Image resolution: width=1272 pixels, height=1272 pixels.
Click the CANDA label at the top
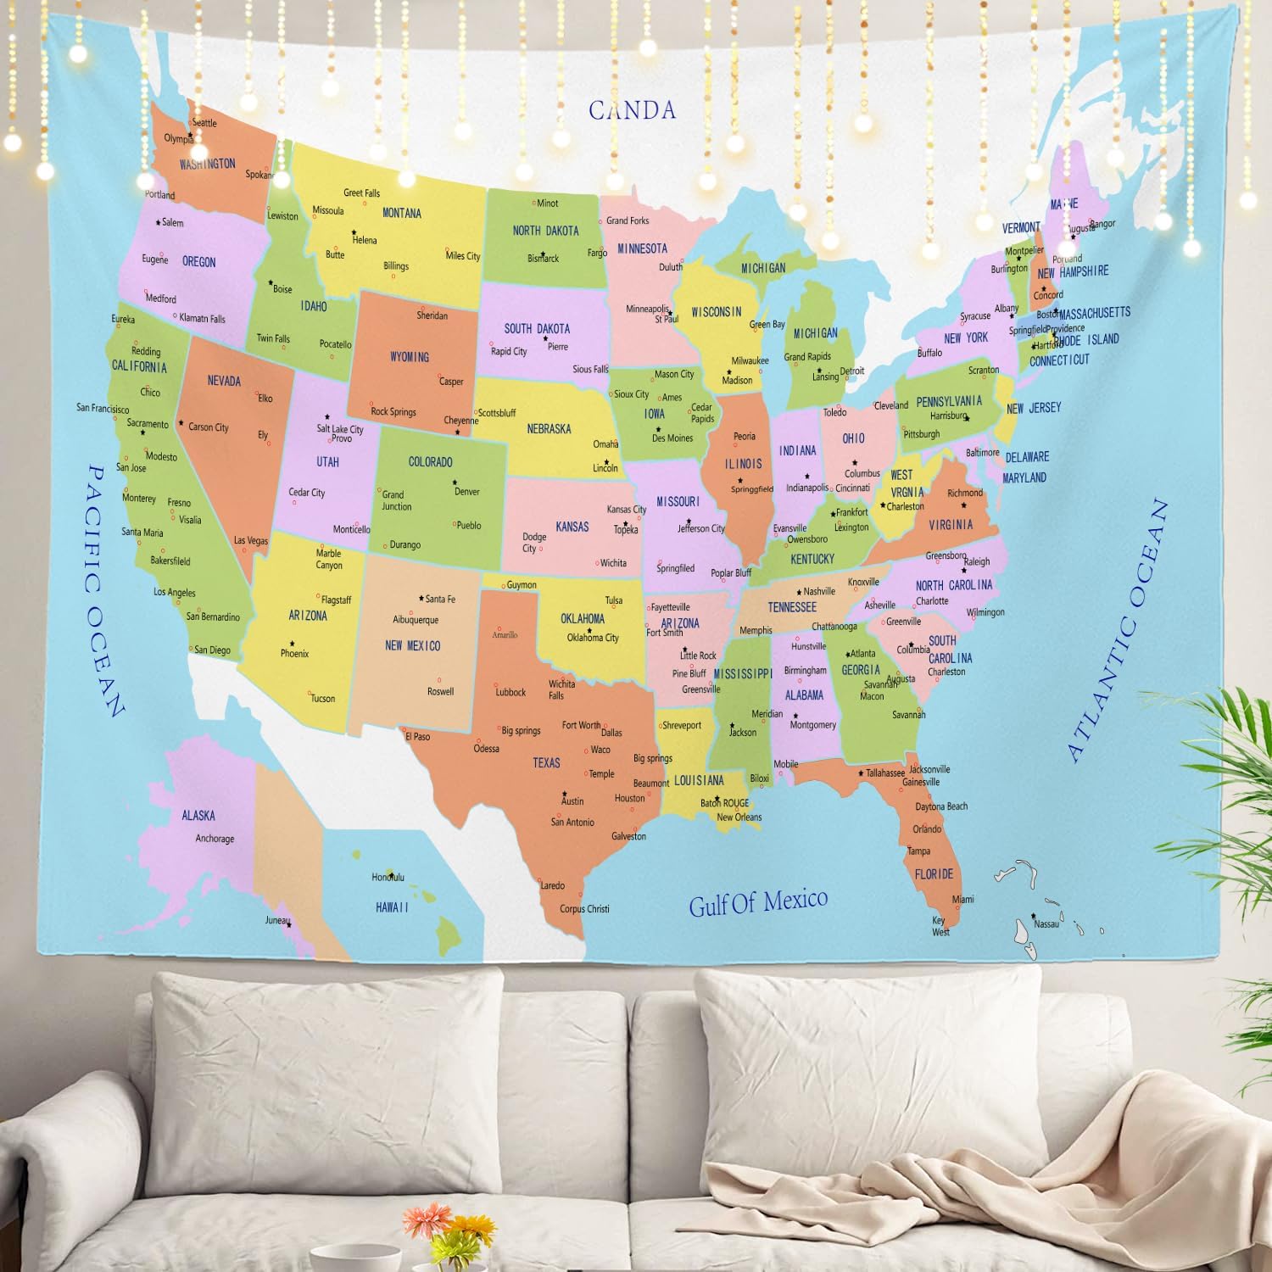[x=632, y=110]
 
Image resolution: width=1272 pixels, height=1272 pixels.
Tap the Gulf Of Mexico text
[x=757, y=902]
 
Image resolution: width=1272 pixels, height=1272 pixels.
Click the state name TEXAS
[x=546, y=763]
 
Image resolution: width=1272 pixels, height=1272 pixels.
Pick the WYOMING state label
[x=410, y=357]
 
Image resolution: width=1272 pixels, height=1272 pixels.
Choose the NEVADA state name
[x=224, y=381]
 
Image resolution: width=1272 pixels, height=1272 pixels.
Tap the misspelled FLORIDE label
[x=934, y=874]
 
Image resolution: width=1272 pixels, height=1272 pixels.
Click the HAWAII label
[x=392, y=907]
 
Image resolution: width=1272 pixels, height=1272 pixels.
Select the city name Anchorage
[x=215, y=839]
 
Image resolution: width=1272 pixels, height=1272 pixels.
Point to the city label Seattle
[x=204, y=123]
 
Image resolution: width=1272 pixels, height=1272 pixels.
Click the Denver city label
[x=466, y=492]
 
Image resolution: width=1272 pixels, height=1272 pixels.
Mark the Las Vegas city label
[x=250, y=541]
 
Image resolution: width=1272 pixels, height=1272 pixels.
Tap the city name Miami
[x=962, y=899]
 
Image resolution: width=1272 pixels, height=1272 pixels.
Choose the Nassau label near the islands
[x=1046, y=924]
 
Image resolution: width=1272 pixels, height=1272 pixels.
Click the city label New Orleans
[x=739, y=817]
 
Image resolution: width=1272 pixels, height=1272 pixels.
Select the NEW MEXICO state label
[x=412, y=646]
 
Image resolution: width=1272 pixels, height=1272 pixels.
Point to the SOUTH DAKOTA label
[x=537, y=329]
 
